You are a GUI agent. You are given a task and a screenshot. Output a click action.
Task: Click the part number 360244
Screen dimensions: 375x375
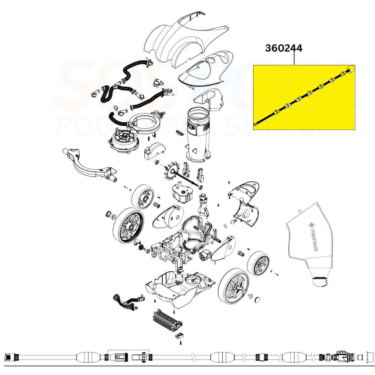283,48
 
